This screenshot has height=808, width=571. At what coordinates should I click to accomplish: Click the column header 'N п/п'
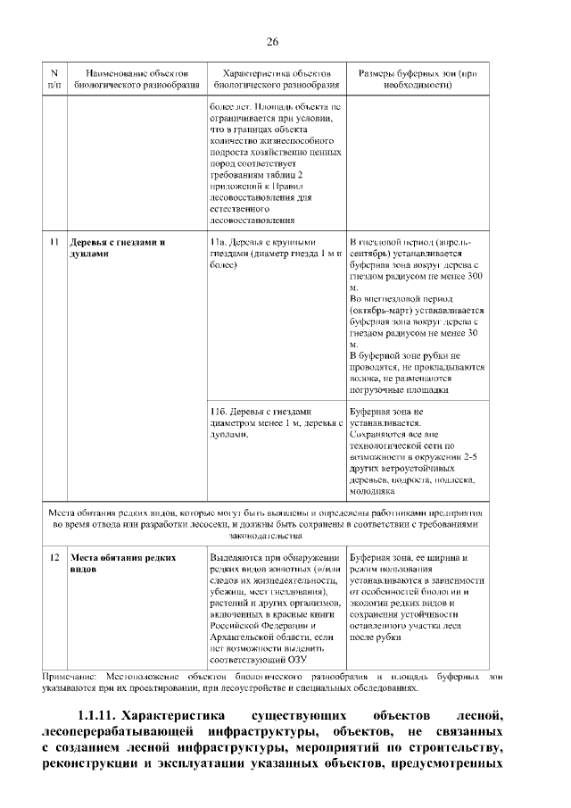pyautogui.click(x=54, y=79)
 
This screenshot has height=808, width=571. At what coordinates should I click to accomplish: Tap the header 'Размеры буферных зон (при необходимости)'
pyautogui.click(x=418, y=79)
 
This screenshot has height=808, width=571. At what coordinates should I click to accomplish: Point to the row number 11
pyautogui.click(x=54, y=242)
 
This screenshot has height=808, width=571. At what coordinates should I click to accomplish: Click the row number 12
pyautogui.click(x=54, y=557)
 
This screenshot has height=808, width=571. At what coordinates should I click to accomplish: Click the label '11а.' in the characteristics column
pyautogui.click(x=218, y=242)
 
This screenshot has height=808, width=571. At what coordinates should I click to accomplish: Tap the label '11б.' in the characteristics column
pyautogui.click(x=218, y=412)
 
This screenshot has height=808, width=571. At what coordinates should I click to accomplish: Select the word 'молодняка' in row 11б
pyautogui.click(x=373, y=492)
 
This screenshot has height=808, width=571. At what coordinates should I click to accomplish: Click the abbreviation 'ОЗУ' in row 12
pyautogui.click(x=295, y=661)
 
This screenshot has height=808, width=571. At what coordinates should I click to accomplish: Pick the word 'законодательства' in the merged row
pyautogui.click(x=272, y=536)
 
